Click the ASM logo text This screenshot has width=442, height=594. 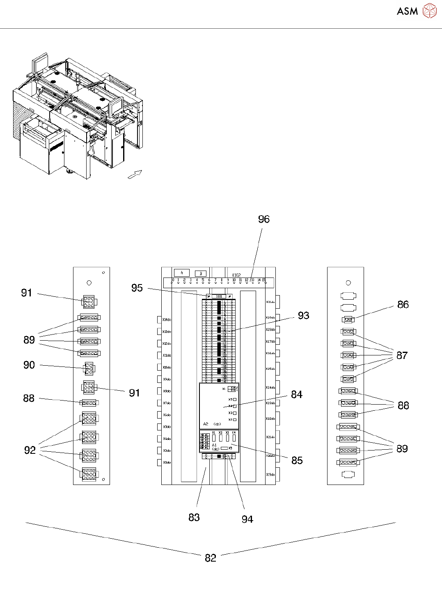coord(407,11)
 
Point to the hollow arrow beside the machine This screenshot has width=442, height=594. coord(135,174)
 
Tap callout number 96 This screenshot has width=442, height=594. coord(264,219)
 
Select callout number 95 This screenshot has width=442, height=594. coord(137,288)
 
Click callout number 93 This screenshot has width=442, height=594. coord(303,315)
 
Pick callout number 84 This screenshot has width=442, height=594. coord(297,394)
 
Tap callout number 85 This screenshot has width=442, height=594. coord(297,460)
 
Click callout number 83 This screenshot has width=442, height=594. coord(194,517)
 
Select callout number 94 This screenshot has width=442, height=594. coord(247,519)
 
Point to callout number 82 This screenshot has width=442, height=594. coord(211,558)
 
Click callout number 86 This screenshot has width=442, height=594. coord(403,304)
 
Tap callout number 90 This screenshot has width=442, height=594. coord(29,365)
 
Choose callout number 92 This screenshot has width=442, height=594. coord(30,450)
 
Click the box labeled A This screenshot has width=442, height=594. coord(181,273)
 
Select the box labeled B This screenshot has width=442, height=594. coord(201,273)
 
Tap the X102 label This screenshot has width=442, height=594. coord(236,275)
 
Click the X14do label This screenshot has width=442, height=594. coord(167,319)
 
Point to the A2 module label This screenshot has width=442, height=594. coord(206,424)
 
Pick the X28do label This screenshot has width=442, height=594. coord(270,329)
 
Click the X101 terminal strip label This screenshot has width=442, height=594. coord(219,296)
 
